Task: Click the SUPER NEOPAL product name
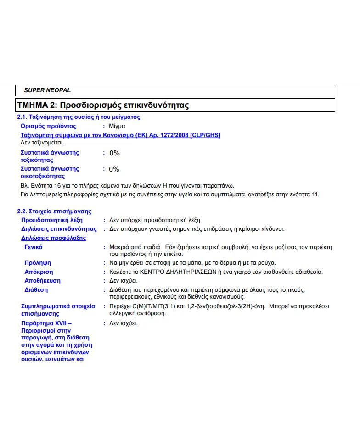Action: pyautogui.click(x=47, y=90)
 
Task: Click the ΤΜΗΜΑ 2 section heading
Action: pyautogui.click(x=103, y=105)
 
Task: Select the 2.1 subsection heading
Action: pyautogui.click(x=79, y=117)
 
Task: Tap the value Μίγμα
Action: pyautogui.click(x=117, y=126)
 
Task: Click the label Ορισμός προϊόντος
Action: pyautogui.click(x=49, y=126)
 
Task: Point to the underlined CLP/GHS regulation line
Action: pyautogui.click(x=121, y=135)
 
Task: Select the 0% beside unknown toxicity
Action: pyautogui.click(x=114, y=153)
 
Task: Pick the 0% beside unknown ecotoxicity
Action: pyautogui.click(x=114, y=169)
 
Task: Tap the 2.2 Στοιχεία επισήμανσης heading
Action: pyautogui.click(x=54, y=211)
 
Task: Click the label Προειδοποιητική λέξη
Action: pyautogui.click(x=52, y=220)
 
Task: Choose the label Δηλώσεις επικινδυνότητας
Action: pyautogui.click(x=59, y=229)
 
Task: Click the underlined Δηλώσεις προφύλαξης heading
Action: pyautogui.click(x=53, y=238)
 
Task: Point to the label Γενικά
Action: pyautogui.click(x=34, y=247)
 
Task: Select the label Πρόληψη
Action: pyautogui.click(x=38, y=263)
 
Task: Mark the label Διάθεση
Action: pyautogui.click(x=36, y=290)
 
